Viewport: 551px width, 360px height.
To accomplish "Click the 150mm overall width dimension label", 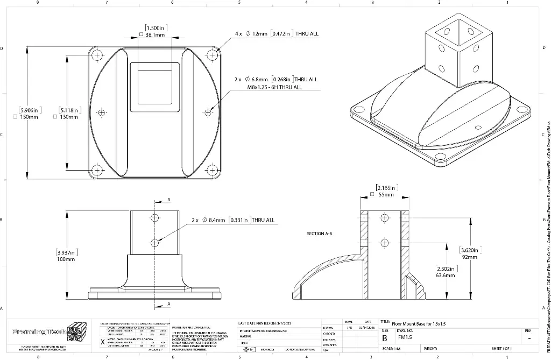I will (27, 117).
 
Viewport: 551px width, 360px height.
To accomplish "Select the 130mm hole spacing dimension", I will (69, 117).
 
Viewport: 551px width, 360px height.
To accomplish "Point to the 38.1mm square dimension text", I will (155, 34).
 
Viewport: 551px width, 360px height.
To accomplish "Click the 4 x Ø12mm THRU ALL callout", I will (277, 34).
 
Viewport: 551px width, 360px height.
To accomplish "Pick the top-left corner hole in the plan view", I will (97, 55).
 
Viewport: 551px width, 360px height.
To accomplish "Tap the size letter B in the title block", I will (385, 338).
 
